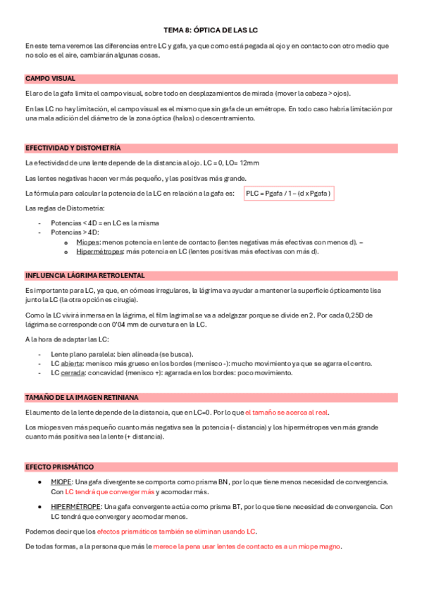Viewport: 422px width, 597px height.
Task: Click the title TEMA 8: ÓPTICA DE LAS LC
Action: (x=211, y=30)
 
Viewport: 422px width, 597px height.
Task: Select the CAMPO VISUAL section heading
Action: (x=50, y=78)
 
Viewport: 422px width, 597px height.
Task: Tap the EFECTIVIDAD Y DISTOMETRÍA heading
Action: (x=73, y=148)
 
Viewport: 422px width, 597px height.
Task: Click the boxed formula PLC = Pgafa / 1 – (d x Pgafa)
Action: (x=288, y=193)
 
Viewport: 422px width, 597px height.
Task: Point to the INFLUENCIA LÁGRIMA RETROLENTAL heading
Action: (x=85, y=275)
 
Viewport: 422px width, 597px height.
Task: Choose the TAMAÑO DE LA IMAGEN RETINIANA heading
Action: (x=82, y=398)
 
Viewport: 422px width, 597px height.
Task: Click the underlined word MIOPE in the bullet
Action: (x=61, y=482)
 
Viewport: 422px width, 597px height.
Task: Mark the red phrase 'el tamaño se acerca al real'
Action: (x=286, y=413)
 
